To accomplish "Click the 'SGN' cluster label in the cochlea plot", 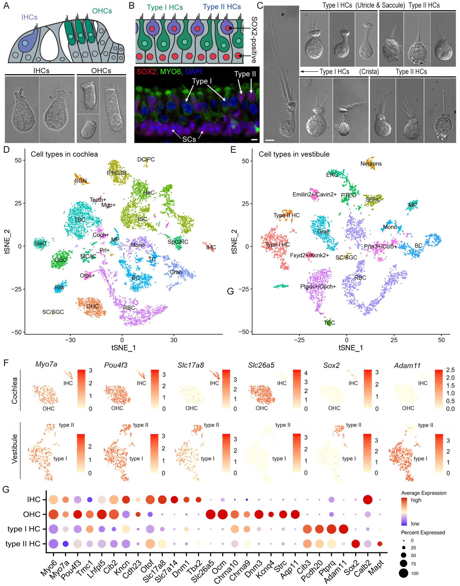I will (x=80, y=181).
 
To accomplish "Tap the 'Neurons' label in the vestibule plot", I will (x=371, y=164).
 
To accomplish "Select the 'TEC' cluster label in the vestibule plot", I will (x=329, y=323).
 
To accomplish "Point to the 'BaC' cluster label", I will (x=41, y=244).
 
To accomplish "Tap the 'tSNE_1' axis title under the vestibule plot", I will (x=351, y=347).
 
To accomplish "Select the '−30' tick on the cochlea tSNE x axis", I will (x=70, y=340).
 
